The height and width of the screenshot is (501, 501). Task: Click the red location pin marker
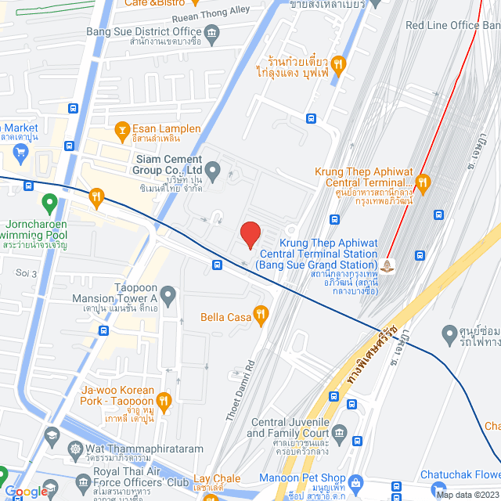coord(250,234)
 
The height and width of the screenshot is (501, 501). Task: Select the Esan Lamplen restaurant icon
coord(121,129)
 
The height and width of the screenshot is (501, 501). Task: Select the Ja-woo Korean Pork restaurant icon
coord(163,402)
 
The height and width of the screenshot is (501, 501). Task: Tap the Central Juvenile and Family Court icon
coord(339,432)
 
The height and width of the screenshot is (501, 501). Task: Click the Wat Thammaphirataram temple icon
coord(75,450)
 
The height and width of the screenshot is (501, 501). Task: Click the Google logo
coord(25,492)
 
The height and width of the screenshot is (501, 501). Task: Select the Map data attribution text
coord(467,495)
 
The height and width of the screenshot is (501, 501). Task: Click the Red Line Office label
coord(452,26)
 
